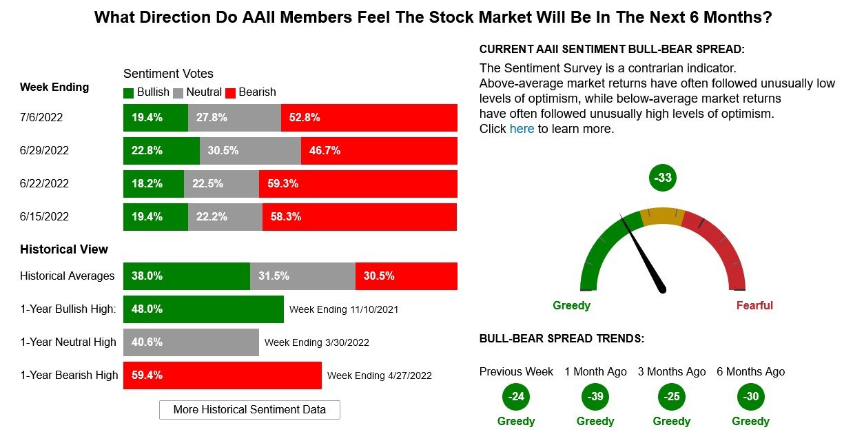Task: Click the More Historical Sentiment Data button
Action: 249,409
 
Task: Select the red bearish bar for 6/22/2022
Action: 358,183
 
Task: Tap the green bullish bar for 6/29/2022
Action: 161,150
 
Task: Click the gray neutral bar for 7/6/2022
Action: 234,117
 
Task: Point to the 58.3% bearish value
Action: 286,216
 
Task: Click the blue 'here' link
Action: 522,129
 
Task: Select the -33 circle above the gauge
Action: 663,178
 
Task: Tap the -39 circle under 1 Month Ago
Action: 595,397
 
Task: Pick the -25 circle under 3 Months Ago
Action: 672,397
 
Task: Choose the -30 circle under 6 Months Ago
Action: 750,397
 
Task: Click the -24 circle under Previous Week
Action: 516,397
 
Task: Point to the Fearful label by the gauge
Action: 754,305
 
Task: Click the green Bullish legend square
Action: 129,92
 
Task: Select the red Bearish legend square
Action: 231,92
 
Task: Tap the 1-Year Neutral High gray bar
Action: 191,342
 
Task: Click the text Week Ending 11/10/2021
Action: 344,309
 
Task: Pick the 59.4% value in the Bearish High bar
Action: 147,375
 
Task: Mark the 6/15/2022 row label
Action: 44,216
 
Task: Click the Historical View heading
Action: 64,249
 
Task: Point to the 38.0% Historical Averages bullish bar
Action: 186,276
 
